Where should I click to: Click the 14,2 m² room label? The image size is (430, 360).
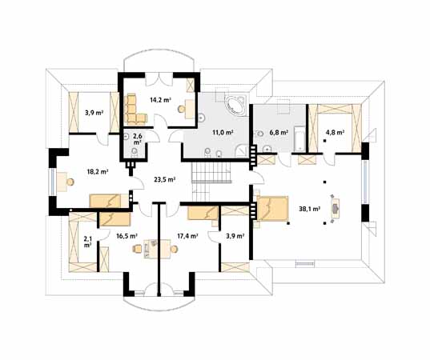(x=160, y=100)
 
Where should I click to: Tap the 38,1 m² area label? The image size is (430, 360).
(x=310, y=209)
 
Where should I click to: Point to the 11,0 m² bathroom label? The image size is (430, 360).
(x=223, y=132)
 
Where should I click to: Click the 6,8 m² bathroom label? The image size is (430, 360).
(x=279, y=133)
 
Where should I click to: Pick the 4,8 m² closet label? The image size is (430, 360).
(x=335, y=133)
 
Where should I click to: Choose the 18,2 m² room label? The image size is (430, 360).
(x=98, y=172)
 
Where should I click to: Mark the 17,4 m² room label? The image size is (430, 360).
(x=188, y=236)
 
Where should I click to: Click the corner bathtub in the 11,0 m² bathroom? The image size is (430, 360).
(x=235, y=105)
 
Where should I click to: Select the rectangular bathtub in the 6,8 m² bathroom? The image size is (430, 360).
(x=299, y=138)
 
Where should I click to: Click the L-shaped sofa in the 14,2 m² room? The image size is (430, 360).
(x=134, y=110)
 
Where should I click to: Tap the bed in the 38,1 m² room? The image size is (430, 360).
(x=272, y=208)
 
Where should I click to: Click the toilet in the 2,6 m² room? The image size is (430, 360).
(x=134, y=152)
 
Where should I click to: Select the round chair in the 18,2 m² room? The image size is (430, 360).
(x=70, y=182)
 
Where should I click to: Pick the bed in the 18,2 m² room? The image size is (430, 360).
(x=109, y=201)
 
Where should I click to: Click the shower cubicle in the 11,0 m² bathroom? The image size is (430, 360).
(x=242, y=150)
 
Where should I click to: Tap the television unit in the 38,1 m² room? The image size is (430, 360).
(x=336, y=209)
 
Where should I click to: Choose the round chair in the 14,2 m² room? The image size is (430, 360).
(x=181, y=110)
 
